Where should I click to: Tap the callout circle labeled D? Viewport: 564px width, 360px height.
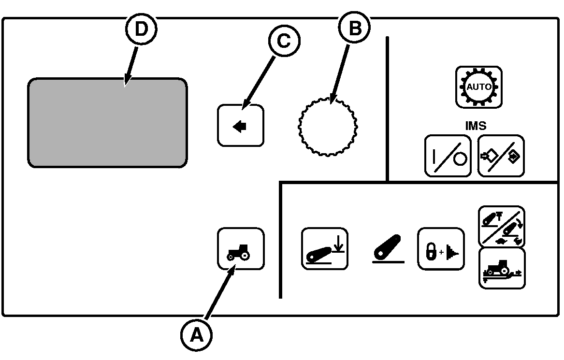click(x=141, y=29)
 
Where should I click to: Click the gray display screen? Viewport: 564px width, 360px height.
click(x=107, y=122)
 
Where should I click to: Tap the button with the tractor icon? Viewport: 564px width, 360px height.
click(x=241, y=248)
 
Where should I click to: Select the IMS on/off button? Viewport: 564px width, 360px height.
click(x=448, y=156)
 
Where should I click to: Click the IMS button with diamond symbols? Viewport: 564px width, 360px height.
click(x=501, y=156)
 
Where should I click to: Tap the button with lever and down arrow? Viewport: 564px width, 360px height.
click(x=324, y=248)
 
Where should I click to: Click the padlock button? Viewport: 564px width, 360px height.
click(x=440, y=248)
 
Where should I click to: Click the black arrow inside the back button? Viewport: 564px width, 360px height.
click(x=240, y=126)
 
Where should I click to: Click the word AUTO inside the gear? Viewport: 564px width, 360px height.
click(x=478, y=87)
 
